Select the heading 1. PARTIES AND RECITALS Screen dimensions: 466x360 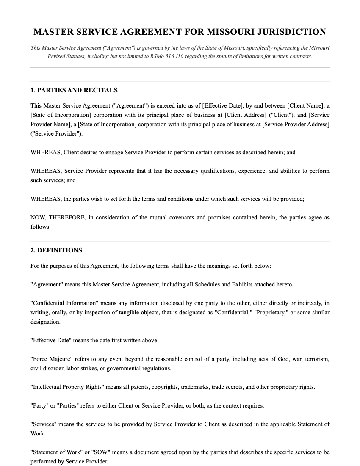(74, 90)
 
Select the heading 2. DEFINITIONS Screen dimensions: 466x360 (56, 250)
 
